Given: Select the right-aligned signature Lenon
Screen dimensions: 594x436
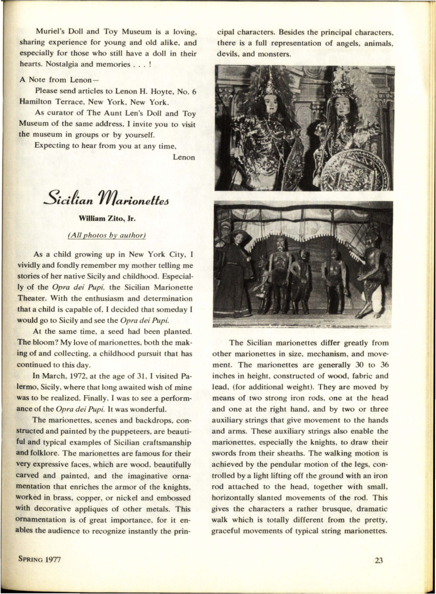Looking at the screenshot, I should coord(183,157).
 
